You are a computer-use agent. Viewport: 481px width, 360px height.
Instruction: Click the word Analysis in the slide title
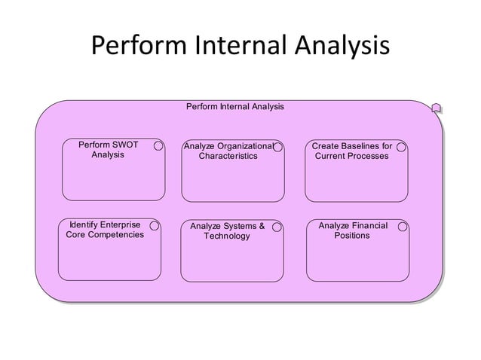point(341,47)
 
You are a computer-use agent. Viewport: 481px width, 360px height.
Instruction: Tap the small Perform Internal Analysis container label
point(234,107)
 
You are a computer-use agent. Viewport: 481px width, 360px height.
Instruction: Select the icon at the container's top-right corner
point(437,109)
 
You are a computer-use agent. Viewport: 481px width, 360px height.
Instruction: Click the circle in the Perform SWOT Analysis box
point(159,146)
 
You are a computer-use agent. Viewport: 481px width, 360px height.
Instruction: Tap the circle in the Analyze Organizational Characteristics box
point(278,147)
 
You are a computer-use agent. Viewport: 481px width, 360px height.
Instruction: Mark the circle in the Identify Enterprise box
point(155,225)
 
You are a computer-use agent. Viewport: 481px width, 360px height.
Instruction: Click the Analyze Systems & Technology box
point(232,252)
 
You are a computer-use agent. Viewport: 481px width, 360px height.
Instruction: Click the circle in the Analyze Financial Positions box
point(403,226)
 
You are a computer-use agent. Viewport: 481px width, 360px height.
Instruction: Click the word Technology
point(227,236)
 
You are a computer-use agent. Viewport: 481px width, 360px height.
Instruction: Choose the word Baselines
point(357,145)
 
